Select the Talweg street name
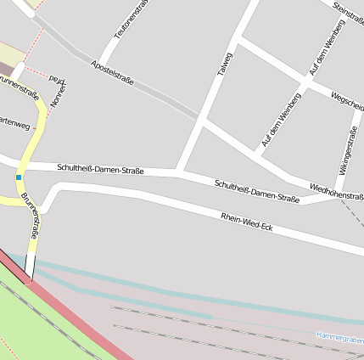pyautogui.click(x=223, y=66)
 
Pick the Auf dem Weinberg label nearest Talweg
pyautogui.click(x=281, y=124)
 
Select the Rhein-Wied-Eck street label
pyautogui.click(x=246, y=222)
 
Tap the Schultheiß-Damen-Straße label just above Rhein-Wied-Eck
pyautogui.click(x=257, y=191)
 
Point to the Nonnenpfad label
pyautogui.click(x=59, y=87)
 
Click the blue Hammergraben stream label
pyautogui.click(x=339, y=337)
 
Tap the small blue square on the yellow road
pyautogui.click(x=18, y=177)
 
